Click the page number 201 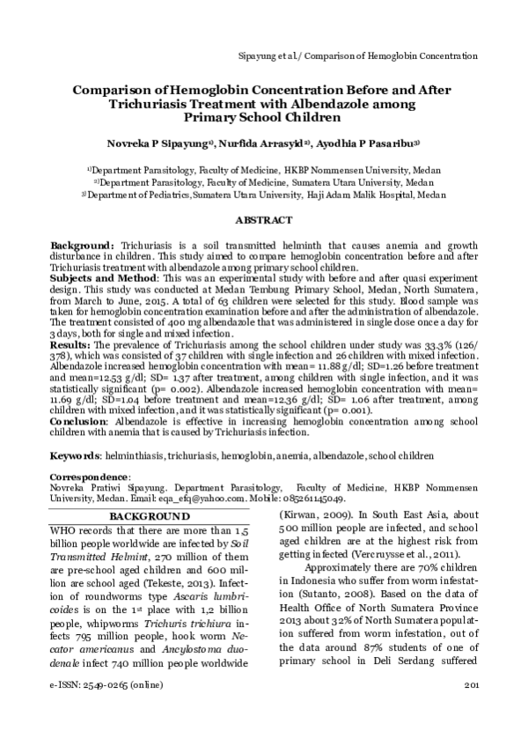coord(469,709)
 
